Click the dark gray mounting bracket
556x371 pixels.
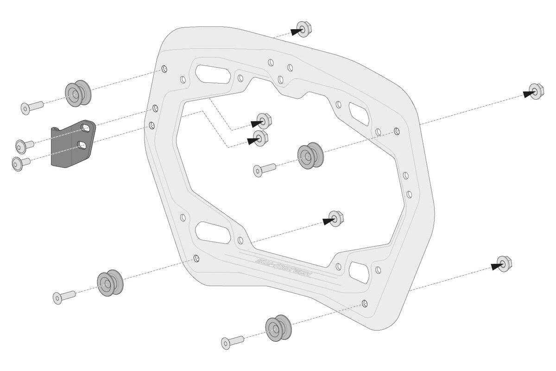(69, 144)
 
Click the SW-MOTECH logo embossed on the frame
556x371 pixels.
(283, 269)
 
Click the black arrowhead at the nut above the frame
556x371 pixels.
(297, 32)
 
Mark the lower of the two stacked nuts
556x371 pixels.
(260, 138)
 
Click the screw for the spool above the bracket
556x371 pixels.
(32, 107)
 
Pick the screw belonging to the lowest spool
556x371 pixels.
(232, 341)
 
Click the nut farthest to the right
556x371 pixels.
(536, 92)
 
